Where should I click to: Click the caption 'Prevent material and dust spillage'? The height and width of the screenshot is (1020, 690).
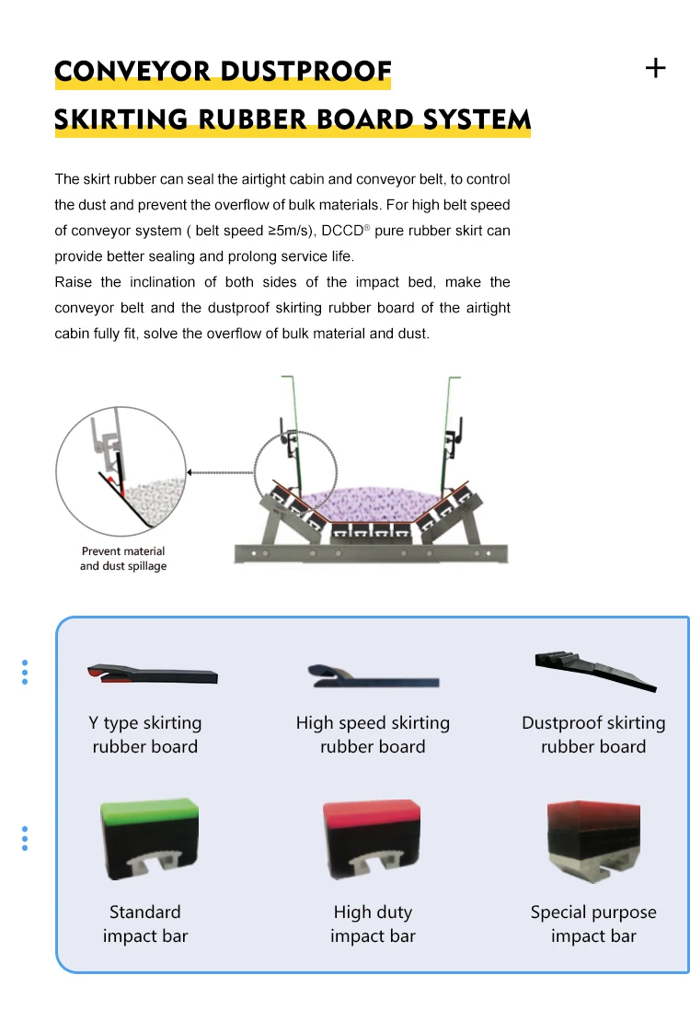tap(123, 559)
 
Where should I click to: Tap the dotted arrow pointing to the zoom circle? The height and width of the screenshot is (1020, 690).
tap(219, 473)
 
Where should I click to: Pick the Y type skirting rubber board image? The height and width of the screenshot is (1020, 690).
tap(153, 674)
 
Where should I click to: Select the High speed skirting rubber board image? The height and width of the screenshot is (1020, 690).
tap(373, 678)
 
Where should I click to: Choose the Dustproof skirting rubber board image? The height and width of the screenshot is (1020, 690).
tap(595, 670)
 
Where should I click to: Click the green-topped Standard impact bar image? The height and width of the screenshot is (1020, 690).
tap(148, 841)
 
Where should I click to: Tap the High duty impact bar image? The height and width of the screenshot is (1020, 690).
tap(372, 841)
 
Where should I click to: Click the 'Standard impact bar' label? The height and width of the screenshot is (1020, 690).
tap(145, 924)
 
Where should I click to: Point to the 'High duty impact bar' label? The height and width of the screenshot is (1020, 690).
tap(373, 924)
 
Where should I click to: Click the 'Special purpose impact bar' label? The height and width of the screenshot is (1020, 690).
tap(593, 924)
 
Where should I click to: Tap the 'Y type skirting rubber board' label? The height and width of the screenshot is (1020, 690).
tap(145, 735)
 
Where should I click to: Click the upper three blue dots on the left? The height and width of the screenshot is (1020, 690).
tap(25, 672)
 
